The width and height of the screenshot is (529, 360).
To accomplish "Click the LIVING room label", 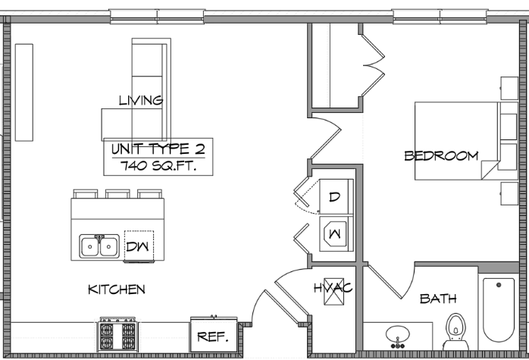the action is tap(141, 100).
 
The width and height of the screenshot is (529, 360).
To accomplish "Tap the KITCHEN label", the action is tap(117, 290).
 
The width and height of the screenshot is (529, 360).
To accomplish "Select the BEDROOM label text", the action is tap(441, 155).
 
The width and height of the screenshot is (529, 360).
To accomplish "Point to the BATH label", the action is tap(438, 299).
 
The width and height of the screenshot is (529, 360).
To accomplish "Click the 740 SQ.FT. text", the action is tap(158, 166).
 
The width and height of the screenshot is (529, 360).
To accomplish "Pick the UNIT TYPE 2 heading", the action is tap(158, 149).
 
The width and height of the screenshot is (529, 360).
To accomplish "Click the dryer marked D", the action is tap(336, 197).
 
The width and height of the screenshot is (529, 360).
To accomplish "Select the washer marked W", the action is tap(336, 234).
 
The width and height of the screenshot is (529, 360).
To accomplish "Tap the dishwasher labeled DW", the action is tap(139, 246).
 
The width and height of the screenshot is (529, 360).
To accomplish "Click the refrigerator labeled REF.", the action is tap(214, 336).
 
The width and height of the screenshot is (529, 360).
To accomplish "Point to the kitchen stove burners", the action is tap(117, 334).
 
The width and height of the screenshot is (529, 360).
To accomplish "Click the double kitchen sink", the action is tap(99, 246).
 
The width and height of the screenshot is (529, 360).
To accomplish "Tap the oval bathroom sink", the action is tap(398, 335).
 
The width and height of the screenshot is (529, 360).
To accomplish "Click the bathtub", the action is tap(498, 310).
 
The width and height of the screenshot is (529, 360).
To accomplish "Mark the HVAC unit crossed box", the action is tap(334, 291).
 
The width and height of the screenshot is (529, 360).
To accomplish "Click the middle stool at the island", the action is tap(117, 194).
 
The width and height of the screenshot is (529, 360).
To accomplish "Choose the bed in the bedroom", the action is tap(466, 141).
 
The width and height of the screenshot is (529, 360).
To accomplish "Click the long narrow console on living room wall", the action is tap(24, 92).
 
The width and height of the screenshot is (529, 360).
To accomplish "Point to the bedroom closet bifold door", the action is tap(372, 65).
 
